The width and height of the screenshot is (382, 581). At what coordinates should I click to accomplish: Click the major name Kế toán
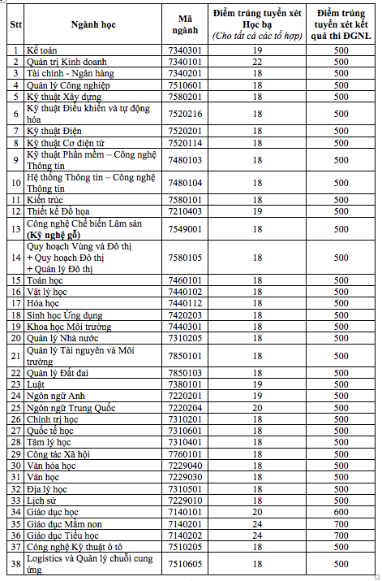41,50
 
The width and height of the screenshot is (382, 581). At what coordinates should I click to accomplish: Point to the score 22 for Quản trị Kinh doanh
256,62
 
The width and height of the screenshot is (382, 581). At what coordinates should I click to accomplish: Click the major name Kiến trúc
46,199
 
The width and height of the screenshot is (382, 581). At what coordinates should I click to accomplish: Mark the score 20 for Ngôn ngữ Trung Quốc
256,407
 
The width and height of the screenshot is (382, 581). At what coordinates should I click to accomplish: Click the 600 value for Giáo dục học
341,513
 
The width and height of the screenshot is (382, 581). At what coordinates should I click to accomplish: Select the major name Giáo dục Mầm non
65,524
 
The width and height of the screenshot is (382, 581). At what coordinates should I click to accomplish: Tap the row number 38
15,565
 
